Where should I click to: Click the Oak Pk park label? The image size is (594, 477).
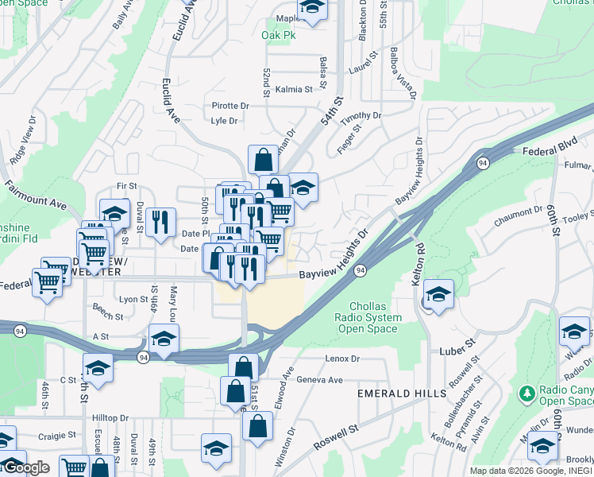(278, 35)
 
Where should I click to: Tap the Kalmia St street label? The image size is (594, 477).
(294, 89)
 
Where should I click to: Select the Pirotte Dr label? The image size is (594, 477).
(230, 106)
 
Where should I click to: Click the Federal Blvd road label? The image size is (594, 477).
(548, 149)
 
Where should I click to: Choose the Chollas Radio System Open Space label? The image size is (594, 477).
(376, 318)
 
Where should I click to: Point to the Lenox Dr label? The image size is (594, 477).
(342, 359)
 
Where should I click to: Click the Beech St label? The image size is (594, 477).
(108, 316)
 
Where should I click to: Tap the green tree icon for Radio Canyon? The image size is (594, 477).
(526, 394)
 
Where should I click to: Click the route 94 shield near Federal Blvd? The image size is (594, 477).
(482, 163)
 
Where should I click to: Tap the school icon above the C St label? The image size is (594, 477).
(98, 368)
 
